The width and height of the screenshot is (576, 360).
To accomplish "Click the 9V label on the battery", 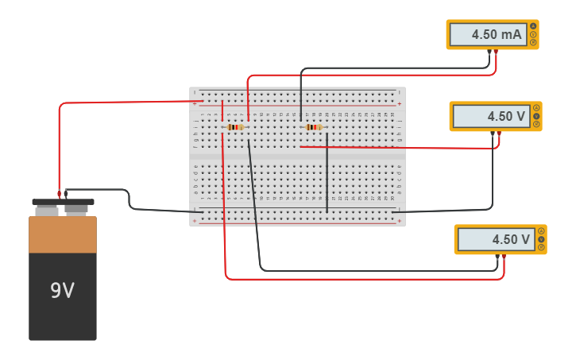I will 62,291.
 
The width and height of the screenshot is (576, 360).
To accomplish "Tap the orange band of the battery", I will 62,234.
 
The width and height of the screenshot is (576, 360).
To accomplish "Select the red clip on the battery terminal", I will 59,193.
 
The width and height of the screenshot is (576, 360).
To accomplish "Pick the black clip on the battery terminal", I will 67,192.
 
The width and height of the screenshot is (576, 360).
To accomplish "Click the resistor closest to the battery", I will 235,127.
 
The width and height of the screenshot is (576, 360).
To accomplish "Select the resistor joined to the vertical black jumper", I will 314,127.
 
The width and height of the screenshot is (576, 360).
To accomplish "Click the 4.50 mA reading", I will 486,34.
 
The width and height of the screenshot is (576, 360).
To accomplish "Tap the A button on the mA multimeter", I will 533,26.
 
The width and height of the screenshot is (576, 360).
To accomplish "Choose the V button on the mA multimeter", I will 533,34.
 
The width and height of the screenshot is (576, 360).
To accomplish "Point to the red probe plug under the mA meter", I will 496,52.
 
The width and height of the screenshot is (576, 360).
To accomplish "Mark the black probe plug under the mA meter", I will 489,52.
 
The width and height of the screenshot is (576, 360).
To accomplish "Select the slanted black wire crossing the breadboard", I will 254,199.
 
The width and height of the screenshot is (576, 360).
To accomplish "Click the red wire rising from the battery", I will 59,143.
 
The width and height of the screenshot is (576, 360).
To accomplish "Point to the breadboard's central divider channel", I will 297,157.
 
